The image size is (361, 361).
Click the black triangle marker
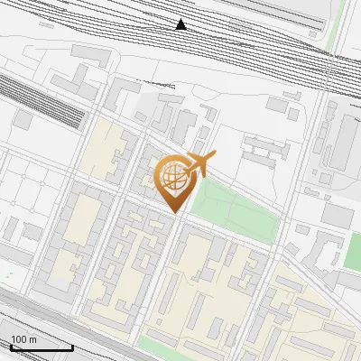tap(181, 23)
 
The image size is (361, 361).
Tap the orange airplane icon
tap(201, 162)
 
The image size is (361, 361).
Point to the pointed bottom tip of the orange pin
tap(174, 213)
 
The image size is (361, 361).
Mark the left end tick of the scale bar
tap(9, 347)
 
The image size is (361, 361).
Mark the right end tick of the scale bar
tap(73, 347)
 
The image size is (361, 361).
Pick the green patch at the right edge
tap(352, 251)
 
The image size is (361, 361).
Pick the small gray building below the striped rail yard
tap(23, 120)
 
